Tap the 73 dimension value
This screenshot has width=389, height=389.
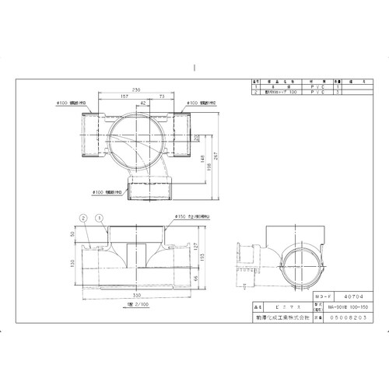click(x=160, y=97)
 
